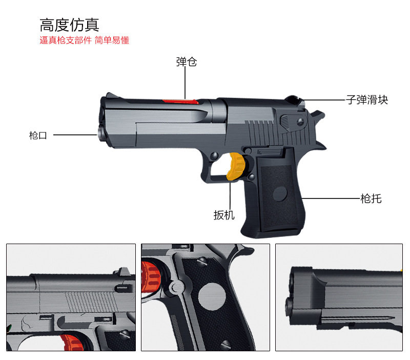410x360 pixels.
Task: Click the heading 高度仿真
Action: (69, 25)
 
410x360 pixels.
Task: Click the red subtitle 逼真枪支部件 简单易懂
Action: (84, 41)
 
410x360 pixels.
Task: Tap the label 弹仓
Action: (186, 62)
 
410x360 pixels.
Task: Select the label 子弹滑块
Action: (367, 100)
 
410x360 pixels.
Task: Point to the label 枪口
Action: (38, 136)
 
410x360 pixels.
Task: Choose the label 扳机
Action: (224, 215)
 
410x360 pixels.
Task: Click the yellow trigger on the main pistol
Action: (236, 167)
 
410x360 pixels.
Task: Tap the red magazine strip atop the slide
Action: (180, 101)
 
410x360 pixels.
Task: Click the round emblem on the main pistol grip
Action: (280, 193)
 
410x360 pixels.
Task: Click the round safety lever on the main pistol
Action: (286, 122)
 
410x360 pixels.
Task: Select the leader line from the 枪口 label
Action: (75, 135)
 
